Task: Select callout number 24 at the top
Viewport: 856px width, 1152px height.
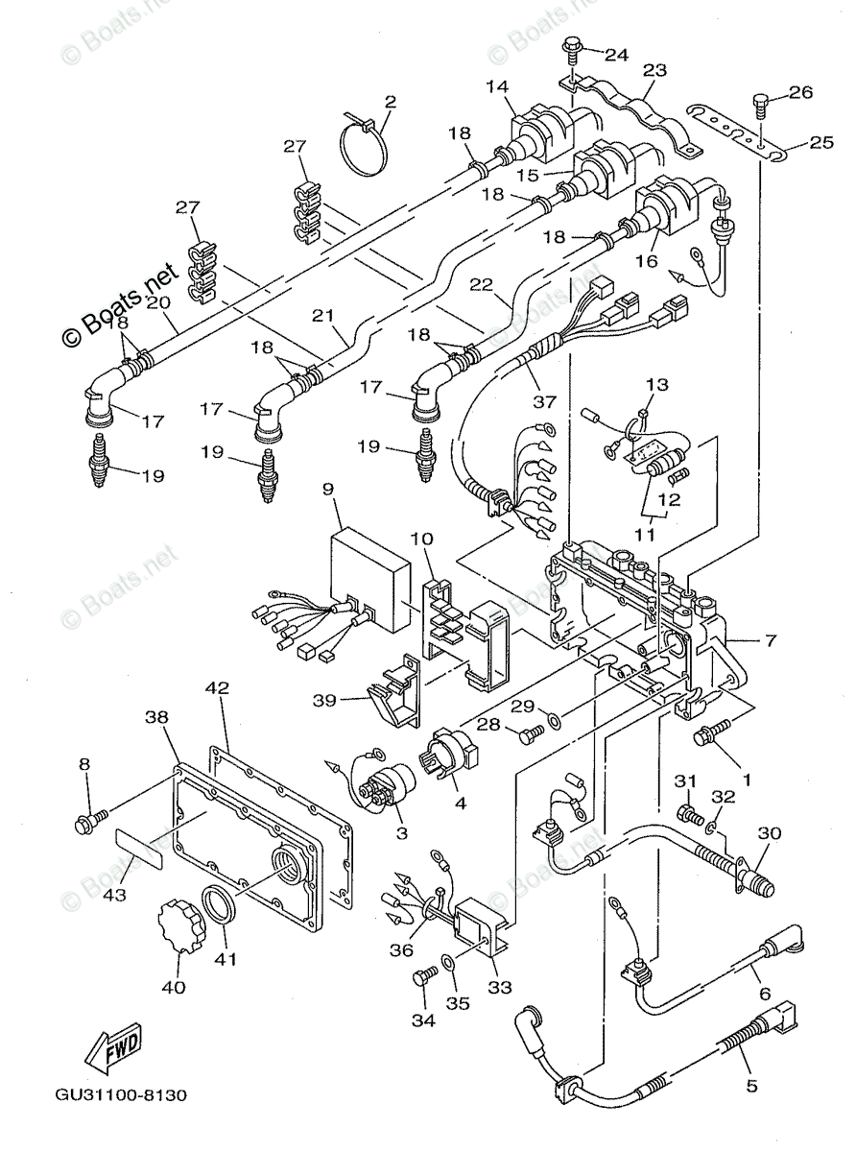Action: coord(616,54)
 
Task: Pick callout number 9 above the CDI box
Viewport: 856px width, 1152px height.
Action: coord(329,490)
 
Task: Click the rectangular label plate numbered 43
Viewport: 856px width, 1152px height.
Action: coord(139,856)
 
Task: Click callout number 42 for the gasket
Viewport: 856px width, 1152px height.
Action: coord(217,688)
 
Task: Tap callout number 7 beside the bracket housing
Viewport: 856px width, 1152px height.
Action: coord(771,640)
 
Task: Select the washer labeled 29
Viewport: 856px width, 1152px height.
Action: coord(554,720)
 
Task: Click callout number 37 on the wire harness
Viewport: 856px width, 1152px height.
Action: coord(544,401)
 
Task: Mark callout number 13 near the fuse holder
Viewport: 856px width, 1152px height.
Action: coord(657,385)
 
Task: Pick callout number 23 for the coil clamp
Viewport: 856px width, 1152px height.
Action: coord(654,69)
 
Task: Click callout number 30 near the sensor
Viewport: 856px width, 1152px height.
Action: coord(770,832)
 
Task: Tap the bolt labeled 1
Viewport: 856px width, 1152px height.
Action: coord(713,730)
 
